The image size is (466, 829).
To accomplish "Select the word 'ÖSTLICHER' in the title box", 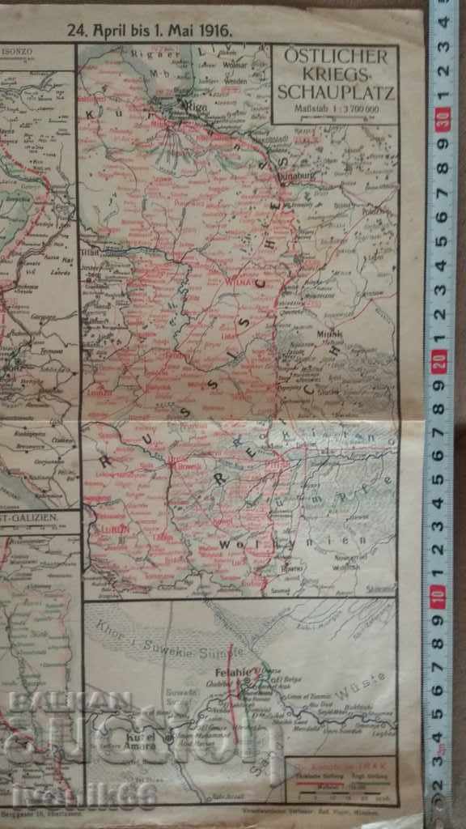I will [336, 59].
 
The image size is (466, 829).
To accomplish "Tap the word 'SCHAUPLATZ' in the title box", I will [336, 93].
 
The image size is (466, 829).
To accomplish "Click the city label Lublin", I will [111, 531].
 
